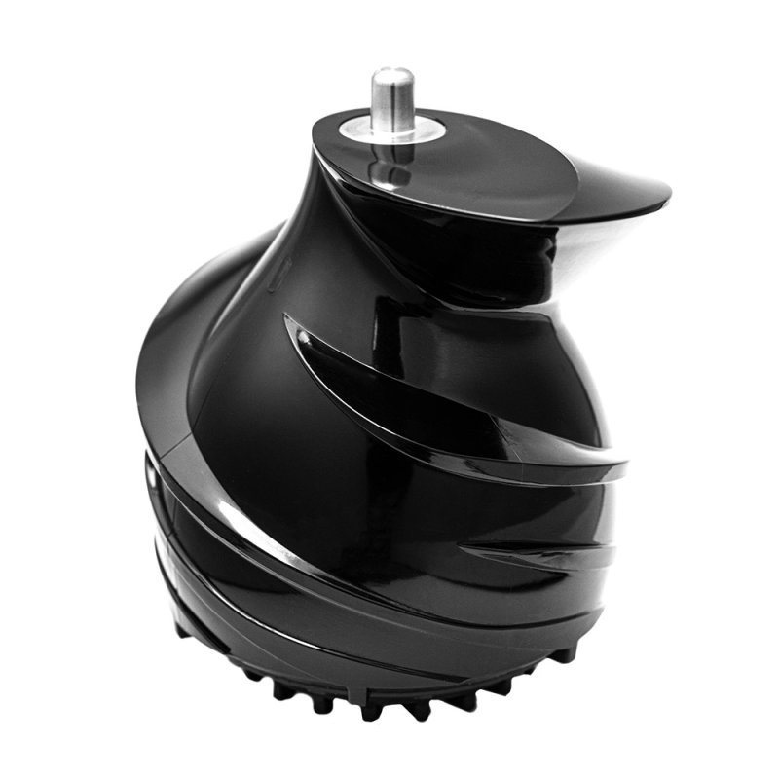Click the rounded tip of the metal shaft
click(393, 74)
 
